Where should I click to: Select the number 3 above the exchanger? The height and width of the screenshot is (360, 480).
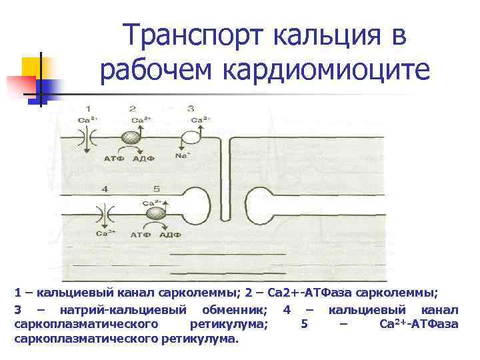coord(191,108)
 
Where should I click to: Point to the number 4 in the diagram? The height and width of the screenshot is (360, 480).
coord(104,189)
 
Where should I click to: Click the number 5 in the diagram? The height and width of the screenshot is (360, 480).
coord(156,189)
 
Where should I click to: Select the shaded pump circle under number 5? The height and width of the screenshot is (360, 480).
coord(156,213)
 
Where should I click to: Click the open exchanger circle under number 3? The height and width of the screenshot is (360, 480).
coord(191,137)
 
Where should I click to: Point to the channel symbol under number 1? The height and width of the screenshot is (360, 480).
coord(87,138)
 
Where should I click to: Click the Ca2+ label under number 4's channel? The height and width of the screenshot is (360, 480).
coord(104,234)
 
